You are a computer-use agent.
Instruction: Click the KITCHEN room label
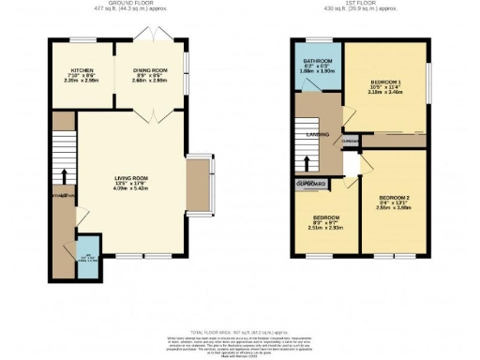tap(82, 70)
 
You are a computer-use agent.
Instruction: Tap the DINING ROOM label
tap(149, 70)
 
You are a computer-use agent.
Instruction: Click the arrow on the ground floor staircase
tap(64, 174)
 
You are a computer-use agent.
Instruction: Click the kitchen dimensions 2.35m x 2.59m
tap(82, 82)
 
